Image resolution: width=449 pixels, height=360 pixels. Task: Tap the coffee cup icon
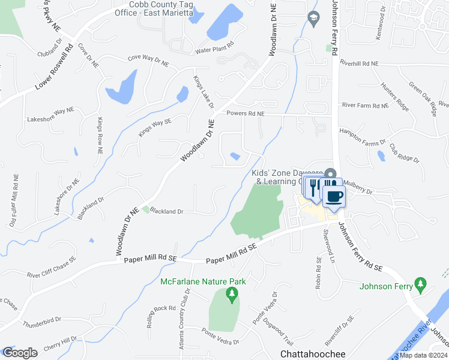334,196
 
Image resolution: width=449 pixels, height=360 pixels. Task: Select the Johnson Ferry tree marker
421,283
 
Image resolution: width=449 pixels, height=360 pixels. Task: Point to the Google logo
20,352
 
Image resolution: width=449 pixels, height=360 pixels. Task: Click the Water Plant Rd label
214,51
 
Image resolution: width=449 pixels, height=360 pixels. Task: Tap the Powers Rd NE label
246,113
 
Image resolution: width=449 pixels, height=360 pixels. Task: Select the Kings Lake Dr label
203,92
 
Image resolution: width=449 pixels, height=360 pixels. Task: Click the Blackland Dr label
166,211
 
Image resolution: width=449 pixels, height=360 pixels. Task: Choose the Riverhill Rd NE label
360,63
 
